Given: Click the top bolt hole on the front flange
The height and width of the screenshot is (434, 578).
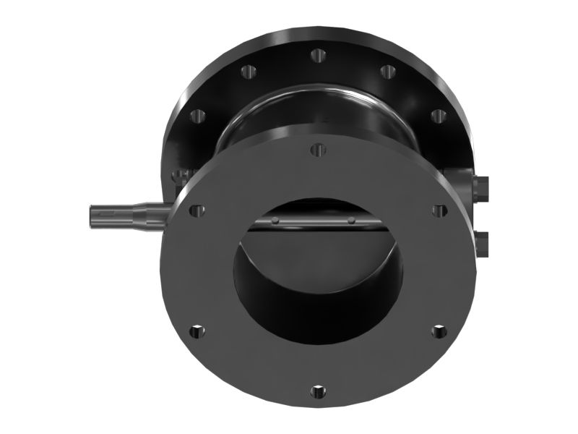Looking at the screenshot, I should tap(316, 150).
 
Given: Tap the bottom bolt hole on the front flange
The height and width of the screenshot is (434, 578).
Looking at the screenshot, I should tap(316, 391).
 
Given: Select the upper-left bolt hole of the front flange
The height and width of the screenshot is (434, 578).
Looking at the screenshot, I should tap(194, 210).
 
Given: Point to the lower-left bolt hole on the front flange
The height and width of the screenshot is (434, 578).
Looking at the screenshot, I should tap(194, 331).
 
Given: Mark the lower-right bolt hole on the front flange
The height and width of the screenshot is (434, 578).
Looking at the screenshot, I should tap(438, 331).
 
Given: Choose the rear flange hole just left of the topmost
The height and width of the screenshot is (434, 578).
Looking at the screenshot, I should tap(246, 71).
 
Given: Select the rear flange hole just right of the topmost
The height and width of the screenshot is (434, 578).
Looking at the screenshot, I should tap(387, 71).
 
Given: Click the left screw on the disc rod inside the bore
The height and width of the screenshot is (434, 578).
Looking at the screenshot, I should tap(276, 220).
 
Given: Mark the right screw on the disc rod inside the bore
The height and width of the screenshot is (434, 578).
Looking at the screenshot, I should tap(351, 220).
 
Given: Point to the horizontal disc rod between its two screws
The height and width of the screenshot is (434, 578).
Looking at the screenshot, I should tap(314, 221).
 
